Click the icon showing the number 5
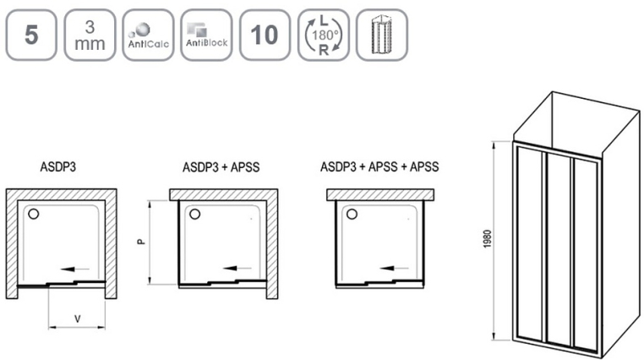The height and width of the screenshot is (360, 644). [x=31, y=35]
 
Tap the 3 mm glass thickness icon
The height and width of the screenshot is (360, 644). [x=90, y=35]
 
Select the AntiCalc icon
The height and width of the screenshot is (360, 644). [x=148, y=35]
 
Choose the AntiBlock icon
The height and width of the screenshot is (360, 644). [x=206, y=35]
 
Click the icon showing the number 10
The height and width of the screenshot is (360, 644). [x=265, y=35]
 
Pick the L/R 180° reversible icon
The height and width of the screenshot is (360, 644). [x=324, y=35]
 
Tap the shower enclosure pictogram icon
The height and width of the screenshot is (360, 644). [x=382, y=35]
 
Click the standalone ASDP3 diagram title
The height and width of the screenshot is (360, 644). [x=58, y=167]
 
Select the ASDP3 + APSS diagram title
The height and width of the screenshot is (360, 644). [x=221, y=167]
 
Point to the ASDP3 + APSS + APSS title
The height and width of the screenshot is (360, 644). [x=379, y=166]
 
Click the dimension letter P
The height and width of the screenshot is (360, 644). [x=141, y=242]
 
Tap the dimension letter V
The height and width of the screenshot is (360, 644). [x=77, y=319]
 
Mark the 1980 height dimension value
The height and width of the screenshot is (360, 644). [x=487, y=239]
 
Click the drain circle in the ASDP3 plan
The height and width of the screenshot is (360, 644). [x=33, y=214]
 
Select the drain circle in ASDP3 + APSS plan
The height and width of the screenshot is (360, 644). [x=194, y=214]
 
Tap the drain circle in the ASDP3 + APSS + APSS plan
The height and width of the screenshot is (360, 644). [x=352, y=214]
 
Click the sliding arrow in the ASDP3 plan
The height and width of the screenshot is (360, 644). [x=74, y=269]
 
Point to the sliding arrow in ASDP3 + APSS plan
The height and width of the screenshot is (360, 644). [x=237, y=269]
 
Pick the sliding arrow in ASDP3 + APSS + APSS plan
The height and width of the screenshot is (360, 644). [x=395, y=269]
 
